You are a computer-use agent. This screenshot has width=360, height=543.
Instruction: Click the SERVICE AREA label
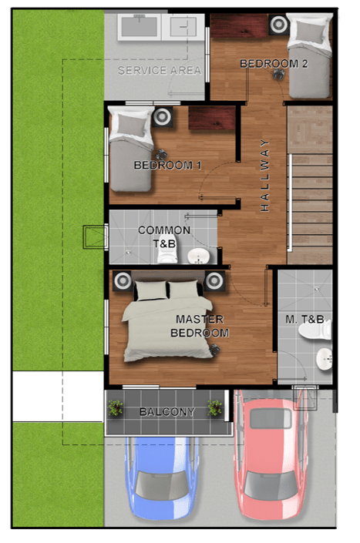coord(160,70)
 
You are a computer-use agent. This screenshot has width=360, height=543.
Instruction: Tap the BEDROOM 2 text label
coord(274,63)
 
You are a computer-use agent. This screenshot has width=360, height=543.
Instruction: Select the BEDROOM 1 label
coord(168,165)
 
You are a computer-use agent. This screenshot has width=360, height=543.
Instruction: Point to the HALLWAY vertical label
coord(264,176)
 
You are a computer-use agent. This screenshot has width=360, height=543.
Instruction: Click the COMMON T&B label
coord(164,237)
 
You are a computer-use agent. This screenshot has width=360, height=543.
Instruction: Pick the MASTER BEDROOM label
coord(200,326)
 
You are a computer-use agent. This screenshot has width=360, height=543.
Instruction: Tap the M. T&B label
coord(304,319)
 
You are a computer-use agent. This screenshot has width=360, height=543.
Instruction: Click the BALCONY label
coord(167,412)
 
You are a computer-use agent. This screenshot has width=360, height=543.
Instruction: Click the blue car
coord(162,478)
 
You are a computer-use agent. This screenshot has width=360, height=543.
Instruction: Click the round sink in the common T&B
coord(199,256)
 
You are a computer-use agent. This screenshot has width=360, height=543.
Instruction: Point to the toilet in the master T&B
coord(315,330)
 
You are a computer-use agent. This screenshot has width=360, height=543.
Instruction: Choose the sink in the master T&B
coord(325,359)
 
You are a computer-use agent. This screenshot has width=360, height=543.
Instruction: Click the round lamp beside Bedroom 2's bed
coord(278,24)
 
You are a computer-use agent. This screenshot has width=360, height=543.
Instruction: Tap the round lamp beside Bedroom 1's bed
coord(162,117)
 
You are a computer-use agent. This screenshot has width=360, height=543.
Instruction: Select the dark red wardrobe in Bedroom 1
coord(212,118)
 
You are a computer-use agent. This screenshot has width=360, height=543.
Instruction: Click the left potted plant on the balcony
coord(116,407)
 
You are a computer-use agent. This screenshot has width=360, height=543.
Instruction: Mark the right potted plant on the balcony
coord(214,407)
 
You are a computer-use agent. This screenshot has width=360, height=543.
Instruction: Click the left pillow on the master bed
coord(151,290)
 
